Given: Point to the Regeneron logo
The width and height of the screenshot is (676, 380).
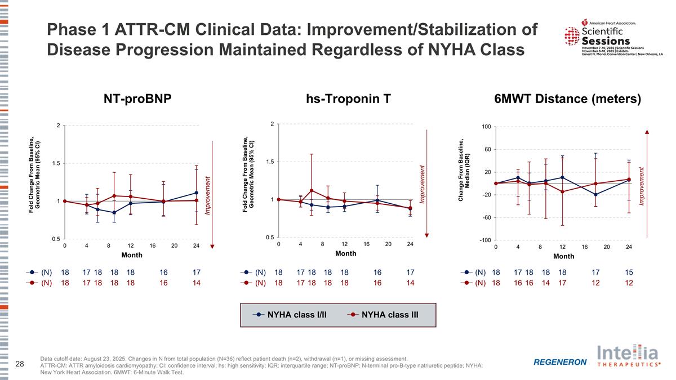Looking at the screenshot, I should (560, 361).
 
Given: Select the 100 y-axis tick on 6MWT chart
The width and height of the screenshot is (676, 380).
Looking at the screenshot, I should (485, 127).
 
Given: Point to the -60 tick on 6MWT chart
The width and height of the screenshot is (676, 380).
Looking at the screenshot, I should (485, 217).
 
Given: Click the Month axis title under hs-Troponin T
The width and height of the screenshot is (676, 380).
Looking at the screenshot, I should (346, 254).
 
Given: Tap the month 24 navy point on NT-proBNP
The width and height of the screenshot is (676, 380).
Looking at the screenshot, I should (196, 193).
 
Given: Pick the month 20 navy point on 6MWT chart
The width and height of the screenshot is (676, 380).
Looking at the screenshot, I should (595, 195).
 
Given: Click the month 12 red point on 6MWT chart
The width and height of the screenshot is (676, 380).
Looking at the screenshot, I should (562, 192).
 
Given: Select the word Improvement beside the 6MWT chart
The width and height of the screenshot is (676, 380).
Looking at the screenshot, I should (643, 186).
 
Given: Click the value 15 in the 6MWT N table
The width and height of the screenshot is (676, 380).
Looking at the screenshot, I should (629, 272).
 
